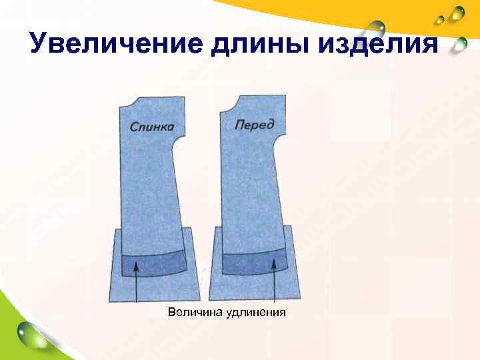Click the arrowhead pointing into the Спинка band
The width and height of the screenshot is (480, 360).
coord(137,265)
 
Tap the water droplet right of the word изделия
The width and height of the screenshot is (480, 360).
coord(457,45)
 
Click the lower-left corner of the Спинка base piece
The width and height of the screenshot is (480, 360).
coord(110,301)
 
